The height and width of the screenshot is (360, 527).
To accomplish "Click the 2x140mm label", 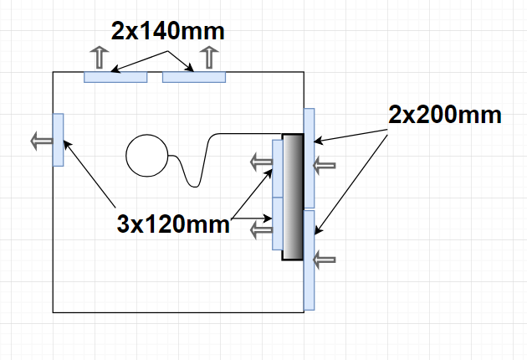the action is pos(167,31).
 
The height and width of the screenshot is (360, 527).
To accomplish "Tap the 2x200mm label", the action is pos(445,115).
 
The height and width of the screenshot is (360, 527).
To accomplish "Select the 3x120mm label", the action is pos(173,224).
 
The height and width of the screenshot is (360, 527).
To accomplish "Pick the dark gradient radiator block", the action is pos(293,197).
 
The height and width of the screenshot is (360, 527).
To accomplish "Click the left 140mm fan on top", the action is pos(115,77).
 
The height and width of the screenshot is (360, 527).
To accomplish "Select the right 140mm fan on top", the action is pos(194,77).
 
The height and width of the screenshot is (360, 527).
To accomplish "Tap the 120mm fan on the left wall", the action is pos(59,140).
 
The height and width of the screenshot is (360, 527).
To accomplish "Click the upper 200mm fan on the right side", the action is pos(310,158).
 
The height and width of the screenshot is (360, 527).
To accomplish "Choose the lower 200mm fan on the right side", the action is pos(310,260).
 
